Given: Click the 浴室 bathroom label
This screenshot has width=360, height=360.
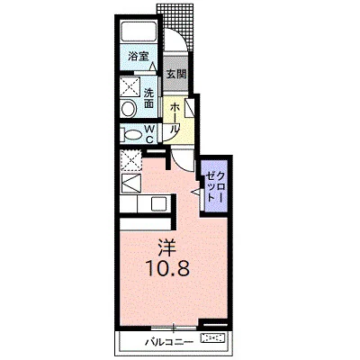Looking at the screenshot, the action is click(x=139, y=57).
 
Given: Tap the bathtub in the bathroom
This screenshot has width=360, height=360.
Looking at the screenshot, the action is click(x=139, y=32).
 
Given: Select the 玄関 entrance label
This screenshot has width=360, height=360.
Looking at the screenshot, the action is click(x=176, y=74).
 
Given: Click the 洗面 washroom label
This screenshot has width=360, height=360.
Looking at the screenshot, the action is click(x=148, y=98).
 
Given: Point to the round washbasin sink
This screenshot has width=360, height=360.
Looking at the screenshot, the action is click(x=129, y=109).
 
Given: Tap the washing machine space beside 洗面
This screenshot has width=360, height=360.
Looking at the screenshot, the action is click(x=130, y=86).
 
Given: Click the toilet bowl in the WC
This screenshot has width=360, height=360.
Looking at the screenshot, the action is click(x=131, y=135).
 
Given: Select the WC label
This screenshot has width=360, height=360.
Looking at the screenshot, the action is click(x=149, y=134).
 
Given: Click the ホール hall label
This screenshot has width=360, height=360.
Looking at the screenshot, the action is click(x=174, y=118).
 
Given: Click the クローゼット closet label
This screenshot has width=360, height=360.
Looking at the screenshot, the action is click(x=215, y=186).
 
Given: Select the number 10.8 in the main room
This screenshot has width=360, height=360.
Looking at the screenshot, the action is click(x=167, y=267).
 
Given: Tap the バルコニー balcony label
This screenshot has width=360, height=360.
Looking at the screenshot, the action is click(x=167, y=342).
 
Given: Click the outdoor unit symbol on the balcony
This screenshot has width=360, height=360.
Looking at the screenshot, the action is click(x=214, y=338).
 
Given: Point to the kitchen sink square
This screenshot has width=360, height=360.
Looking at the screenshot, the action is click(x=158, y=203).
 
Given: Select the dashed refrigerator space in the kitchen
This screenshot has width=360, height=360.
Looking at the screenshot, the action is click(x=130, y=161).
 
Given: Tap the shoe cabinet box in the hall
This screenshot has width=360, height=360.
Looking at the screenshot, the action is click(x=190, y=107).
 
